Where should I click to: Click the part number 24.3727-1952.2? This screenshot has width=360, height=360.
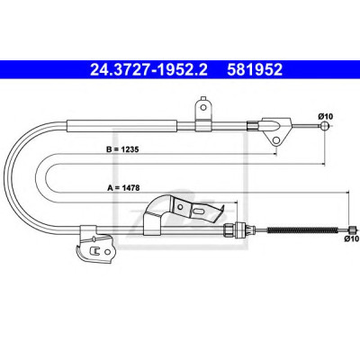[x=148, y=69]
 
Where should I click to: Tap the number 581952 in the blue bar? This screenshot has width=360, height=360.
[x=255, y=69]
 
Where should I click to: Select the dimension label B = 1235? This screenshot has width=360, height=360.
[x=122, y=149]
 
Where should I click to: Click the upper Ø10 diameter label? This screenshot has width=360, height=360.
[x=326, y=116]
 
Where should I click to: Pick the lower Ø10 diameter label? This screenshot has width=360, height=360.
[x=352, y=238]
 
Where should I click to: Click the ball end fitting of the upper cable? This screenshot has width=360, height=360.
[x=325, y=125]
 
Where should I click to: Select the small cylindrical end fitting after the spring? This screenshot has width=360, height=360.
[x=352, y=230]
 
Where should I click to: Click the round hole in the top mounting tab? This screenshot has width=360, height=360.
[x=203, y=107]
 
